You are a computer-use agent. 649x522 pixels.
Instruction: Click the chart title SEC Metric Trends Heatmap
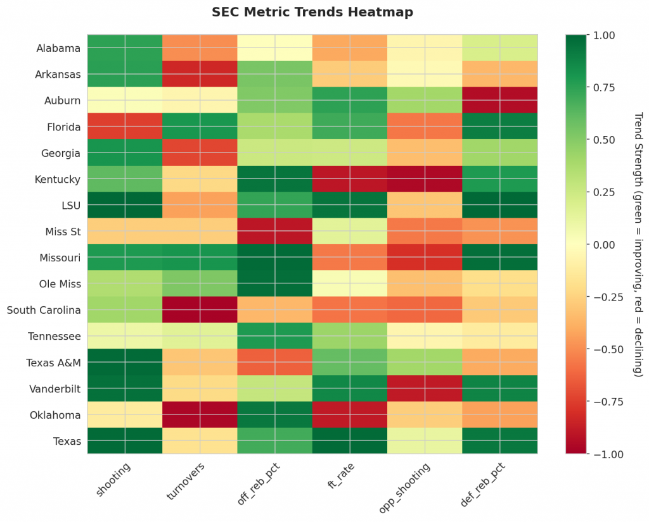(x=312, y=12)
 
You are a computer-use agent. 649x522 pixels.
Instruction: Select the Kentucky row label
(x=58, y=180)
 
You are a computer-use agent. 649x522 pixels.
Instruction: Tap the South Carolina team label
(x=44, y=310)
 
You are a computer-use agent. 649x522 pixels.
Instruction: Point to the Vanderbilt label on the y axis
(x=56, y=388)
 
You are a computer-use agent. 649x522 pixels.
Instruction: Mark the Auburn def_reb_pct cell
(x=500, y=101)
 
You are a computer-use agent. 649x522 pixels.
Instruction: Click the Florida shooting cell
(x=125, y=127)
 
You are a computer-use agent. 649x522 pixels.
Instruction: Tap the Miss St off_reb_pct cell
(x=275, y=232)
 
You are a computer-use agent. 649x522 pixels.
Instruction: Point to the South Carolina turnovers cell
(x=200, y=310)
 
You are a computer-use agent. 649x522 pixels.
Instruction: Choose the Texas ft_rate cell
(x=350, y=441)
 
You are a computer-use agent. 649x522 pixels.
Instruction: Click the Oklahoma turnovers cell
(x=200, y=414)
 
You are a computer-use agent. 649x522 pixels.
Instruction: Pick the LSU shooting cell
(x=125, y=206)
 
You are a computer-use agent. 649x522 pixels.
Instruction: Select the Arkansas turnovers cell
(x=200, y=74)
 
